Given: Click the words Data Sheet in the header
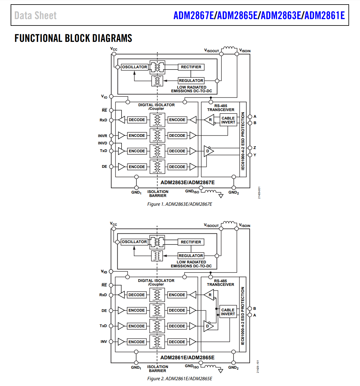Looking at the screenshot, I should tap(36, 15).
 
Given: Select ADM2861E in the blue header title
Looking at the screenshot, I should tap(324, 15).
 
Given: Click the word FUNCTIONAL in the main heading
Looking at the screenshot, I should tap(38, 38).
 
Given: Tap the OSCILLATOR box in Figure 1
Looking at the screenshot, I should tap(135, 67).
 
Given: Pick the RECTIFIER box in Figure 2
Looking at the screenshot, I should tap(191, 242).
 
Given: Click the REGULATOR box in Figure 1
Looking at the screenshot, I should tap(191, 81).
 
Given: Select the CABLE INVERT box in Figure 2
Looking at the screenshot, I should tap(228, 312).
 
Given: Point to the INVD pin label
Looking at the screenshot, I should tap(103, 143).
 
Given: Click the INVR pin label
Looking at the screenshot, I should tap(103, 136).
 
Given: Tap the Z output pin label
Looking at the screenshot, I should tap(255, 148).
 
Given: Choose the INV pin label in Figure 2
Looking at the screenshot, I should tap(104, 342).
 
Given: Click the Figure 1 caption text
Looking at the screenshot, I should tap(180, 204).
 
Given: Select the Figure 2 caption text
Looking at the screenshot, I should tap(180, 379).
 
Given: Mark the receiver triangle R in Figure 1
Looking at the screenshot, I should tap(210, 120).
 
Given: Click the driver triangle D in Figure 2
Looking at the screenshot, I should tap(208, 326).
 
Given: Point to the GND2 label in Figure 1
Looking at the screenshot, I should tap(234, 192).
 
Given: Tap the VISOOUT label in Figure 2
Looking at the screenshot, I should tap(211, 225).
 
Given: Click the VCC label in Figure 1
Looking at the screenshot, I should tap(114, 49).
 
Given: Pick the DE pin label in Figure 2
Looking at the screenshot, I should tap(104, 311).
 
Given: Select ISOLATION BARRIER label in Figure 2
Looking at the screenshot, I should tap(158, 369).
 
